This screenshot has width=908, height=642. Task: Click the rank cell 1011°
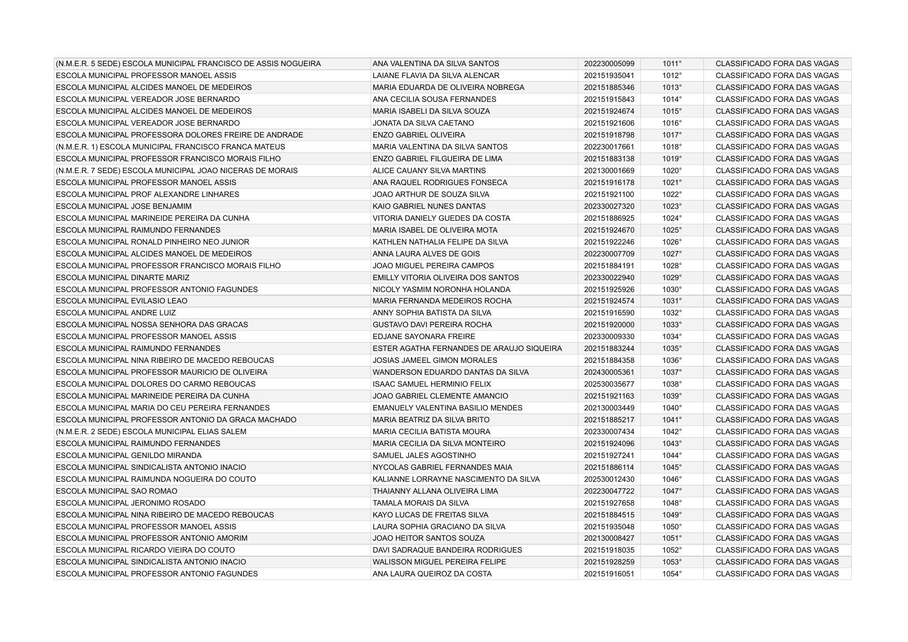click(x=671, y=64)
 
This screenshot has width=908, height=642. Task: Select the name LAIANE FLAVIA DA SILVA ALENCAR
click(x=436, y=75)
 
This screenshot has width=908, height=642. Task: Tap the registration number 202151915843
click(x=609, y=99)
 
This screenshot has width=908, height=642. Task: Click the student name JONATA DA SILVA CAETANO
click(x=423, y=123)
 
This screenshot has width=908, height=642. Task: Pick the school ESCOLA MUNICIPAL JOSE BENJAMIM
click(x=124, y=206)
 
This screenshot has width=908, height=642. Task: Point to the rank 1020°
click(x=671, y=171)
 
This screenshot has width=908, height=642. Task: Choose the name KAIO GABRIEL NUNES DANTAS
click(x=429, y=206)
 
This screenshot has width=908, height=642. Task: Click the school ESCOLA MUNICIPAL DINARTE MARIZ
click(x=122, y=278)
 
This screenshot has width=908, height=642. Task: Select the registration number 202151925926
click(x=609, y=289)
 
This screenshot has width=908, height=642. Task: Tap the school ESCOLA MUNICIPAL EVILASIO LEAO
click(x=121, y=301)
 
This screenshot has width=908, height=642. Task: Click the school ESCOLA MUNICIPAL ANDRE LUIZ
click(x=116, y=313)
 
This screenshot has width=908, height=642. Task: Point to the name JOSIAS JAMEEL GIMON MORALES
click(x=435, y=360)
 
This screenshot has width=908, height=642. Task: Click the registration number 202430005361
click(x=609, y=372)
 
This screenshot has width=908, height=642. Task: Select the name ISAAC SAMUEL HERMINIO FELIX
click(x=432, y=384)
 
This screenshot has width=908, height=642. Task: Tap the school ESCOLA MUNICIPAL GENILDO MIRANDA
click(x=129, y=455)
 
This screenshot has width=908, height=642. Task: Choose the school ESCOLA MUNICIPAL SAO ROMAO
click(x=116, y=491)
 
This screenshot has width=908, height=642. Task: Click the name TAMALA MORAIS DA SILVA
click(x=421, y=503)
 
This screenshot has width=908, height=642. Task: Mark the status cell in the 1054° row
click(x=777, y=574)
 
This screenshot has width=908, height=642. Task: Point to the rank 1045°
click(x=671, y=467)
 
